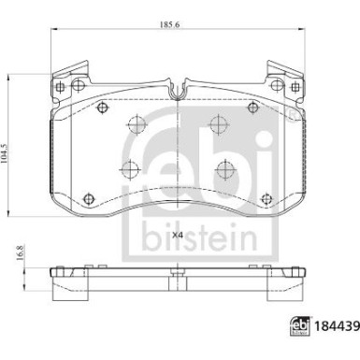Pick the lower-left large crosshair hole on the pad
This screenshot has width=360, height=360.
[x=128, y=169]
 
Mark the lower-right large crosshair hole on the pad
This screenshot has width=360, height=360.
[x=224, y=169]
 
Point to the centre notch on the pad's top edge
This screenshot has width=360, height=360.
[x=177, y=92]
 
